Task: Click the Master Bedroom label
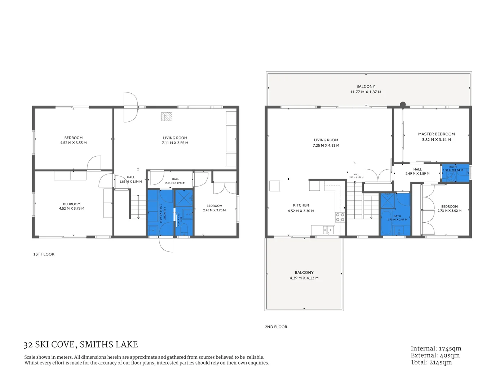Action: [x=436, y=134]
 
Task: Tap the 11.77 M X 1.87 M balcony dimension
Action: [x=366, y=92]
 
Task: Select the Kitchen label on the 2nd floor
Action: [x=301, y=205]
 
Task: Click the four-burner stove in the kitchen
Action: [x=340, y=217]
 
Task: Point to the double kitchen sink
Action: [x=328, y=229]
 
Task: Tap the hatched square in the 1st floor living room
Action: [x=167, y=117]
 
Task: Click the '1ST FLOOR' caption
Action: [x=44, y=254]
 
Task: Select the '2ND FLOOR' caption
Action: [x=276, y=327]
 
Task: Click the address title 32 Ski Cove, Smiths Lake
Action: [x=80, y=345]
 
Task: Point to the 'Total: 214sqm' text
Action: [x=431, y=362]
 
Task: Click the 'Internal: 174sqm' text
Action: [x=436, y=349]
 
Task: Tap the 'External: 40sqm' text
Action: [x=435, y=356]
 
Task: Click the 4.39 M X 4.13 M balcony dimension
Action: [x=304, y=278]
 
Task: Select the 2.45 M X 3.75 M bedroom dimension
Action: [x=214, y=210]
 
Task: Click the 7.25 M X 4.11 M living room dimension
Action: [x=326, y=146]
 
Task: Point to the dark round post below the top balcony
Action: [x=403, y=104]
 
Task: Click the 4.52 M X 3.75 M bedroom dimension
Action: [x=71, y=209]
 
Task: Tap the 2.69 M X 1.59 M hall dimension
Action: [x=417, y=174]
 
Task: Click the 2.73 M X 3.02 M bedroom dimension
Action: [x=449, y=211]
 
